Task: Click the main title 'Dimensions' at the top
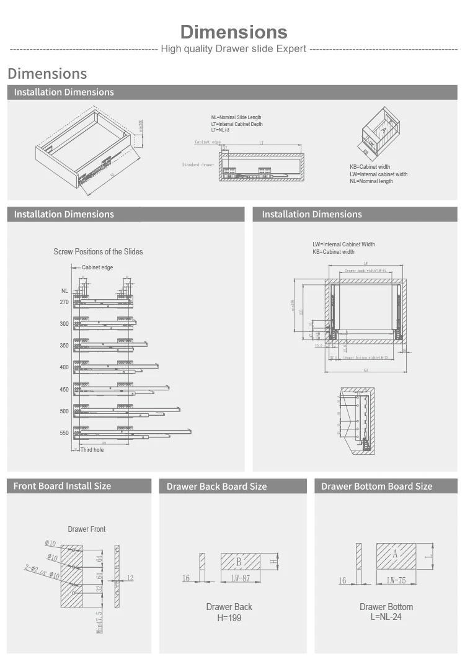[x=234, y=32]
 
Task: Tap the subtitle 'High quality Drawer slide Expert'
[x=233, y=49]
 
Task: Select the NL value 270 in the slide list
[x=64, y=302]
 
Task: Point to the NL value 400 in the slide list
[x=64, y=367]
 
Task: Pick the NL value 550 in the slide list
[x=64, y=433]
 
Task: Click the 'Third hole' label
[x=92, y=449]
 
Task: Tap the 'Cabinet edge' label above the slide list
[x=97, y=267]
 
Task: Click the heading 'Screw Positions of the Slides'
[x=98, y=251]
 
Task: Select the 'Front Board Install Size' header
[x=62, y=486]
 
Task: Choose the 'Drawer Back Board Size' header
[x=216, y=487]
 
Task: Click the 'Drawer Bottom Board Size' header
[x=376, y=487]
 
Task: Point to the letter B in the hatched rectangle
[x=239, y=562]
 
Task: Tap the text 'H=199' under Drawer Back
[x=229, y=618]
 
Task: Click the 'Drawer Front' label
[x=87, y=529]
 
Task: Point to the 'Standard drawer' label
[x=198, y=165]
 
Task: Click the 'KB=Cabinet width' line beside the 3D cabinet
[x=370, y=167]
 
